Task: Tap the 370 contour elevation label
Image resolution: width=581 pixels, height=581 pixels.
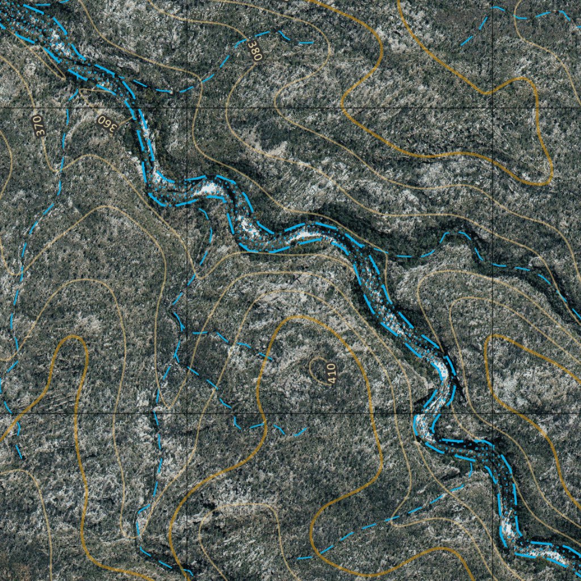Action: (38, 125)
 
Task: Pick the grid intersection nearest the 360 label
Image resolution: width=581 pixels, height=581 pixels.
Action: (187, 108)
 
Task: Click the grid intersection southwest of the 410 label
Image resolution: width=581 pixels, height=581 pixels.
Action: (187, 413)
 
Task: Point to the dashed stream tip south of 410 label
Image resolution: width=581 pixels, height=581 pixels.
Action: (307, 428)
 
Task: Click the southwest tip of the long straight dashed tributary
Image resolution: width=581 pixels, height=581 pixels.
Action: (297, 559)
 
